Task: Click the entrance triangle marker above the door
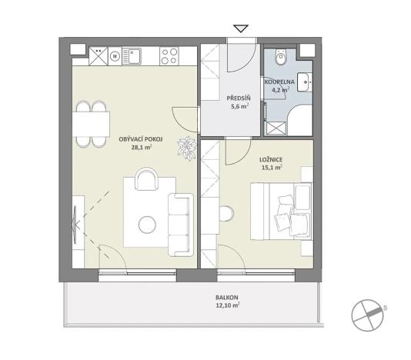[x=241, y=29]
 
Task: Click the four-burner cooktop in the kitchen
[x=170, y=55]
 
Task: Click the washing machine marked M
[x=114, y=55]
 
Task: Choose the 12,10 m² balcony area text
[x=227, y=306]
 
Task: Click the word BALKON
[x=227, y=297]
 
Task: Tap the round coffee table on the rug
[x=146, y=224]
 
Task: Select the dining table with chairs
[x=91, y=123]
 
